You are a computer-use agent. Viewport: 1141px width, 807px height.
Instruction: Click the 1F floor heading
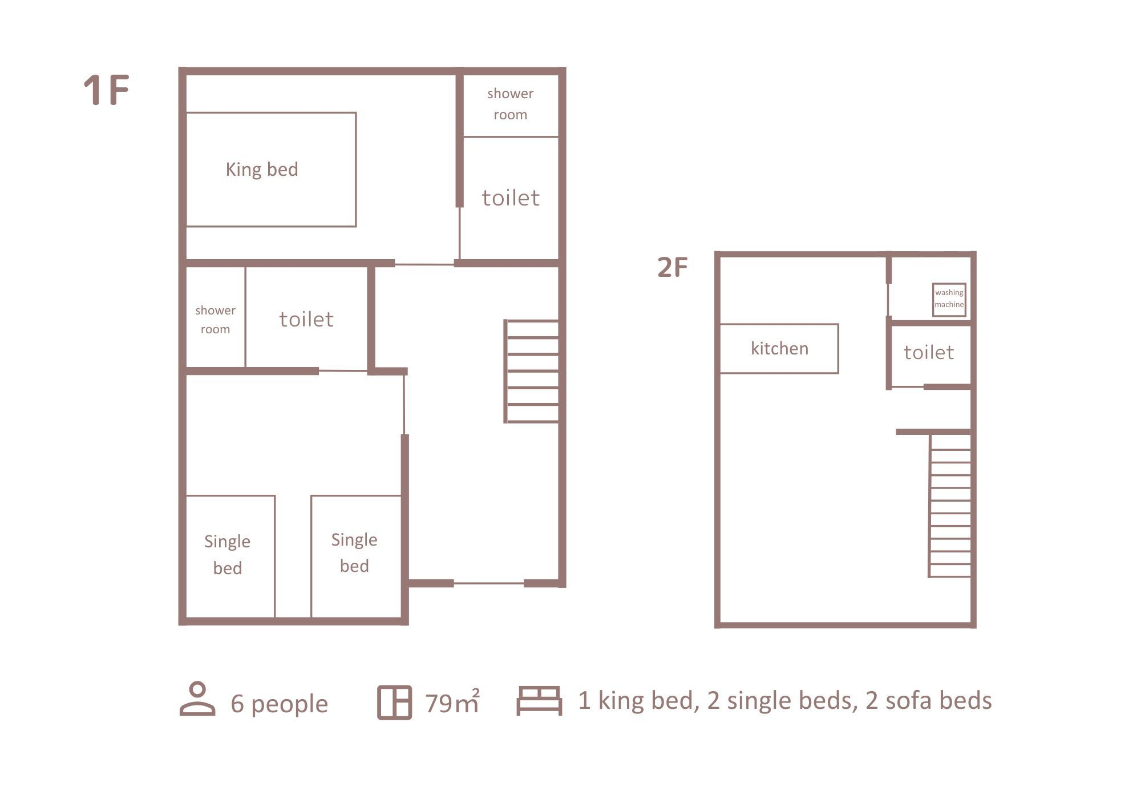coord(107,90)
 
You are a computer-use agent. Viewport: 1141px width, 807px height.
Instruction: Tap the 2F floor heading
coord(673,267)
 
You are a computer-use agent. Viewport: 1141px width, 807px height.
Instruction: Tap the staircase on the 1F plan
coord(532,372)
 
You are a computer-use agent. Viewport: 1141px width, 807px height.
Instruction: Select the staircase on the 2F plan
coord(950,506)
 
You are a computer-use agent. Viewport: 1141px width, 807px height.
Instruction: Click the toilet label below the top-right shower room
coord(511,197)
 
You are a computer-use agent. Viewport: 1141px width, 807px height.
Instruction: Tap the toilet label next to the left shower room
coord(306,319)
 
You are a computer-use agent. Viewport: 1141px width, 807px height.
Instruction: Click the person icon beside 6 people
coord(197,699)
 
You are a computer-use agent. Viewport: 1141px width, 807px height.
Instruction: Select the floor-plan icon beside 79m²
coord(394,703)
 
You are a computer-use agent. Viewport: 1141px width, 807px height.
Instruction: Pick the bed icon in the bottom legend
coord(539,700)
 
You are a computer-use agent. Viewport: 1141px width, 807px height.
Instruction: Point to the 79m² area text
coord(452,702)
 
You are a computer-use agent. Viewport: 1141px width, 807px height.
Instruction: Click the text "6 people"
coord(279,704)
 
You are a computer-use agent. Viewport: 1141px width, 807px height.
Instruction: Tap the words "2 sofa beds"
coord(929,700)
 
